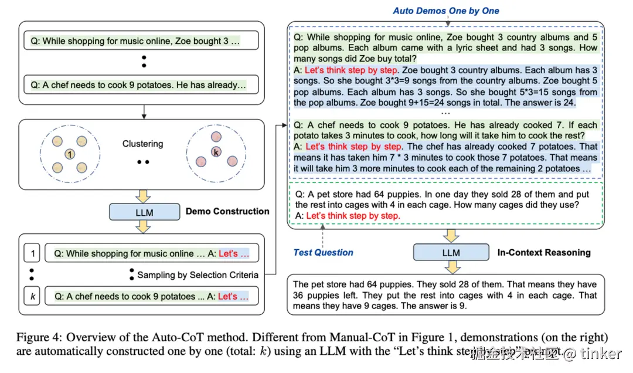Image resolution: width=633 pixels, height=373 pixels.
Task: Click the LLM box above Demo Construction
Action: [x=144, y=212]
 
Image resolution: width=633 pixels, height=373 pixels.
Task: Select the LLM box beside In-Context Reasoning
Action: [x=451, y=253]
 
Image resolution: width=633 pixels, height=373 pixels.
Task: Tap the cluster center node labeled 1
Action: [x=70, y=154]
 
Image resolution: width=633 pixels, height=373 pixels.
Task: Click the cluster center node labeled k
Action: [x=216, y=151]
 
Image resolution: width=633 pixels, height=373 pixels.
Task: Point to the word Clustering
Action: [x=142, y=144]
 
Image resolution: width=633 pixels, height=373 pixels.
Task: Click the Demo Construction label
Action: [x=227, y=211]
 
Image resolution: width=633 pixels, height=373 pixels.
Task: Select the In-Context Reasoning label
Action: [x=544, y=252]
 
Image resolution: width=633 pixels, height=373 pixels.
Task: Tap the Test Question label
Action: [x=323, y=252]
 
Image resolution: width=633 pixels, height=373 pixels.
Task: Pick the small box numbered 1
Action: [x=33, y=253]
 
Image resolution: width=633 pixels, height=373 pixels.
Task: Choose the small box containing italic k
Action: [x=33, y=296]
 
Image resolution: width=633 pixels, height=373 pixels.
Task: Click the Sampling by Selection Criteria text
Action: [x=198, y=274]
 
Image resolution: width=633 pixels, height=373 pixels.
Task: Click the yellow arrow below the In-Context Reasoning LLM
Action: [x=451, y=268]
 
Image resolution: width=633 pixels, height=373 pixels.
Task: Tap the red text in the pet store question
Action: [x=353, y=216]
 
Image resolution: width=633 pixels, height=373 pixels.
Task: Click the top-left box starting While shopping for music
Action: [x=141, y=41]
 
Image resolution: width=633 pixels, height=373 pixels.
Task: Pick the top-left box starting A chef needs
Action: [x=141, y=85]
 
